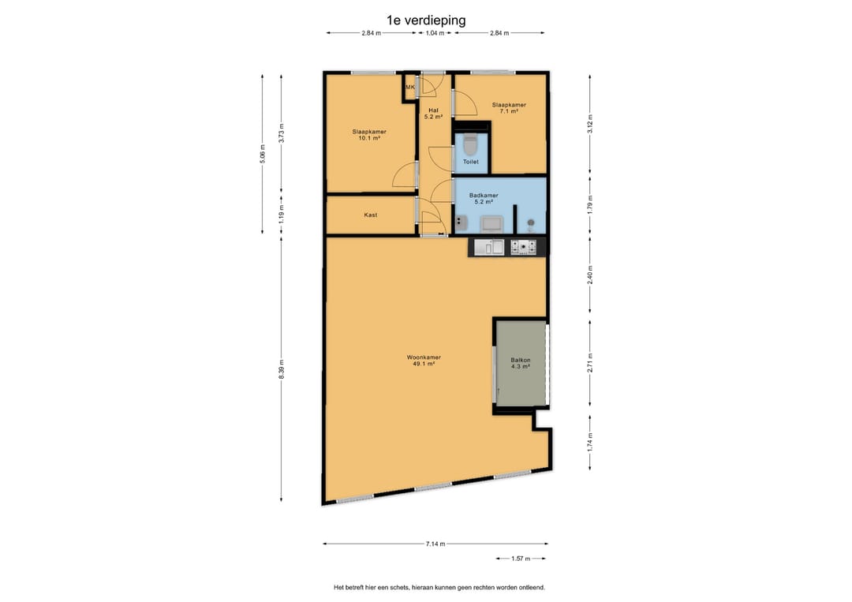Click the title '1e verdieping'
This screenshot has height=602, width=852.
tap(426, 21)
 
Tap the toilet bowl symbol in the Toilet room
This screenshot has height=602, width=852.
tap(470, 145)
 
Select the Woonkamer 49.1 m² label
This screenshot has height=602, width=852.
tap(424, 361)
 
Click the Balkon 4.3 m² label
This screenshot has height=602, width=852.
tap(521, 363)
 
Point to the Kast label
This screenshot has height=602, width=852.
tap(371, 215)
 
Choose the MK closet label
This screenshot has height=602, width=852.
tap(410, 87)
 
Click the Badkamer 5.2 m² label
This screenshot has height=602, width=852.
tap(484, 198)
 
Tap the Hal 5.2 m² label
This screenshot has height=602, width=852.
tap(433, 113)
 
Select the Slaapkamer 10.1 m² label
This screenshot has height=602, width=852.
tap(369, 135)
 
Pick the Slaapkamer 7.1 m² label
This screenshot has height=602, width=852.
tap(509, 108)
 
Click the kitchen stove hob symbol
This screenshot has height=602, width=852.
tap(523, 247)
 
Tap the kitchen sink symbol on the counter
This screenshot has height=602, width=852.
tap(489, 247)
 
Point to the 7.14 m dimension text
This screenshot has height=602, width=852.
tap(435, 544)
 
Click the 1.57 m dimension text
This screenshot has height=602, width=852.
tap(521, 559)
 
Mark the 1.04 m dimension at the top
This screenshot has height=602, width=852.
tap(435, 33)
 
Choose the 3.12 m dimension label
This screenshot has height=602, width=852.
tap(590, 124)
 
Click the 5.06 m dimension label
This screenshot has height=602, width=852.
tap(263, 155)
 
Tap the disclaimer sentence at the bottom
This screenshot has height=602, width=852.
tap(439, 587)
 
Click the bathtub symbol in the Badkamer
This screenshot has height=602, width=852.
tap(491, 223)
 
